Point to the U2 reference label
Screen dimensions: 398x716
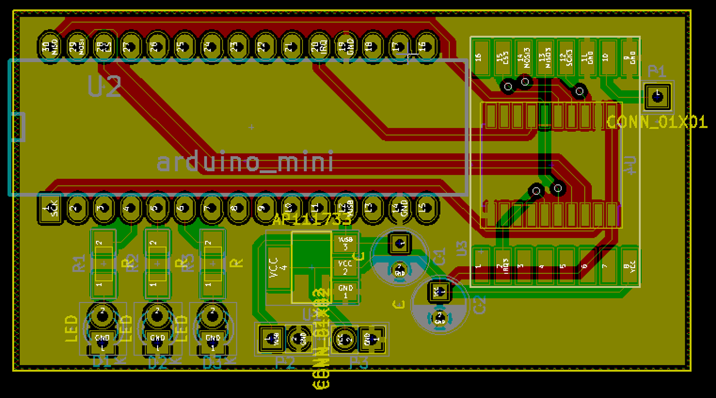tap(104, 87)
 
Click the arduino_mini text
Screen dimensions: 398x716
tap(245, 163)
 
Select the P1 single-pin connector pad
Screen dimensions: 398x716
tap(657, 96)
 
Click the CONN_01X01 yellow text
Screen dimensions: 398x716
tap(656, 122)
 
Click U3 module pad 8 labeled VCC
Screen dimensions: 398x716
tap(628, 266)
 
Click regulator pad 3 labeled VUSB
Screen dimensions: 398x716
tap(345, 243)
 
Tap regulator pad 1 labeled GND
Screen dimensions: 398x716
tap(345, 291)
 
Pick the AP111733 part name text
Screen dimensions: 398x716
tap(312, 219)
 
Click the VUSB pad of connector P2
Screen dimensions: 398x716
tap(272, 338)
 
